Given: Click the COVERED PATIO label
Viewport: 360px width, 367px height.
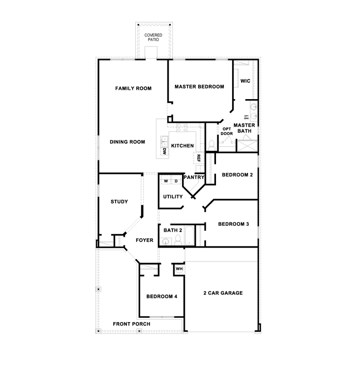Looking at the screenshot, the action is [153, 38].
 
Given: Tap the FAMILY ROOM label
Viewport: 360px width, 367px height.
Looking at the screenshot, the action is [133, 88].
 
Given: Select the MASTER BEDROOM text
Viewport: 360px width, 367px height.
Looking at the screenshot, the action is [199, 87].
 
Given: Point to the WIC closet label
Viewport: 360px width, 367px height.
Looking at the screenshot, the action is [245, 81].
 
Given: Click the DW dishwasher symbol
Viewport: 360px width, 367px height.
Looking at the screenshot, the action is [165, 151].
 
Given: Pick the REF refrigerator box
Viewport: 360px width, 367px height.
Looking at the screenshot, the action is [199, 158].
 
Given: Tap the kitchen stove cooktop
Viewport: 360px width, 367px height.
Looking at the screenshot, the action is [182, 128].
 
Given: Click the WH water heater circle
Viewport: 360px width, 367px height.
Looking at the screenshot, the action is [179, 269].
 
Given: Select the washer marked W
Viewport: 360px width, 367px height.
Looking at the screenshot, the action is [166, 181].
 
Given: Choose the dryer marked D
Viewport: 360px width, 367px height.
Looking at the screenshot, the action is [176, 181].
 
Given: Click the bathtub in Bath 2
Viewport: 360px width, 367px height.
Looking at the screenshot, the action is [189, 235].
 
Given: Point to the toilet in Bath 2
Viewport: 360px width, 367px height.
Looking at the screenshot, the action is [178, 240].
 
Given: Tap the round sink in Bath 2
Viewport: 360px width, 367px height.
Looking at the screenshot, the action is [166, 242].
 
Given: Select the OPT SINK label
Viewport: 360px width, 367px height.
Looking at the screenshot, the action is [246, 117].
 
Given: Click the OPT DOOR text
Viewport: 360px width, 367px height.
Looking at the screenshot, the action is [227, 131].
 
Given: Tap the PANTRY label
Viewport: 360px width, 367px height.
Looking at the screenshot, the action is [194, 177].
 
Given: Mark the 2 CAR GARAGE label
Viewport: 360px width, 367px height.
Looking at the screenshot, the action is [223, 293].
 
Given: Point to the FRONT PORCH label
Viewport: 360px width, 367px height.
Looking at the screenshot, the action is [132, 324].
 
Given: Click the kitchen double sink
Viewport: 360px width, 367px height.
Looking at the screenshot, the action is [165, 142].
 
